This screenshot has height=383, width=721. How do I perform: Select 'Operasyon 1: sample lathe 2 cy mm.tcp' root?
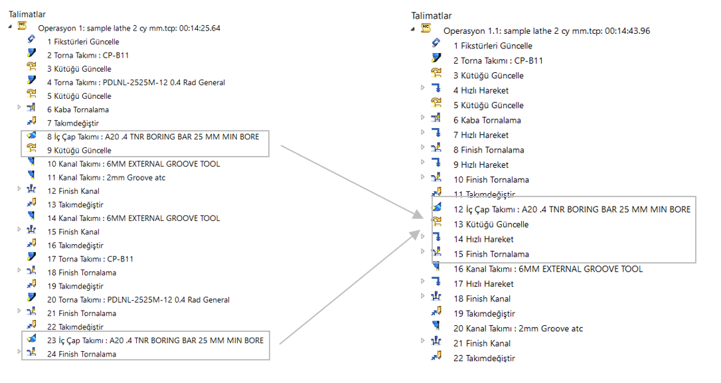[129, 28]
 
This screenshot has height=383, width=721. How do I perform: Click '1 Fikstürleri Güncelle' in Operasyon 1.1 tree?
[493, 46]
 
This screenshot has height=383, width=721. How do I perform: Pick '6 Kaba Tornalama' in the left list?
[78, 110]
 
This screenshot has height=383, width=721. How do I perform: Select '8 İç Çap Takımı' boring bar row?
[153, 137]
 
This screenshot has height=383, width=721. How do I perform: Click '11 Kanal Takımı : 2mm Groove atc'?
[106, 177]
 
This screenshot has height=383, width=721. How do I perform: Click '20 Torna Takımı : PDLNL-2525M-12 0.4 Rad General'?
[138, 300]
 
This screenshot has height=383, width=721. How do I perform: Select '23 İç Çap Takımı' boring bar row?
[155, 341]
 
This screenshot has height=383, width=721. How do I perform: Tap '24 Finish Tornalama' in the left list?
[81, 354]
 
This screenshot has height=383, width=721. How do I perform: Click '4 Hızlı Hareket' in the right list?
[481, 90]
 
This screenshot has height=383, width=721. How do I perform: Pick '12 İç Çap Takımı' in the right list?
[572, 209]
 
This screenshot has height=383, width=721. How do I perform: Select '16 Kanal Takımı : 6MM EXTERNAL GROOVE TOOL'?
[548, 269]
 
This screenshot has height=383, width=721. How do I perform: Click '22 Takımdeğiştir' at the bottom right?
[484, 358]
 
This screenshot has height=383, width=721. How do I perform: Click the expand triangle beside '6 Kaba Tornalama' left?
[20, 109]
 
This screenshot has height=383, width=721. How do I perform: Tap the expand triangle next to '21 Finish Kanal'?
[423, 341]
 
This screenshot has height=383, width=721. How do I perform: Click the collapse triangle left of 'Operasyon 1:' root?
[11, 27]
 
